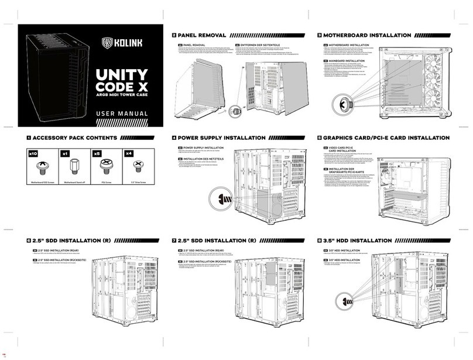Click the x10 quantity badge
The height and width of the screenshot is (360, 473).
click(x=33, y=153)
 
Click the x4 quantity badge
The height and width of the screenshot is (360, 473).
click(x=129, y=153)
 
